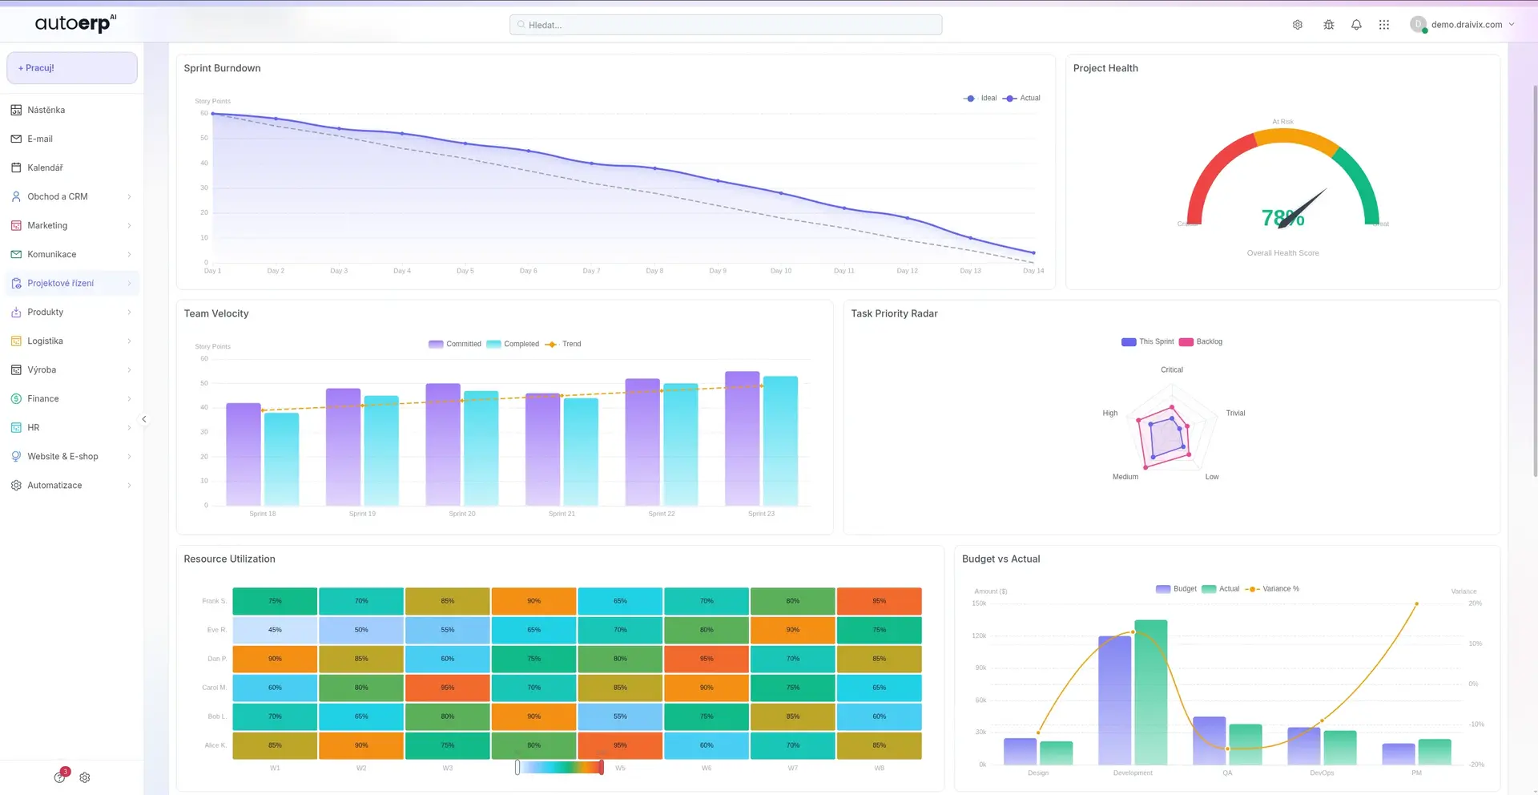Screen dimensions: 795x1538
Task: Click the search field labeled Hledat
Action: click(725, 25)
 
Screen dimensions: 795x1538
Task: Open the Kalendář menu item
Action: click(45, 167)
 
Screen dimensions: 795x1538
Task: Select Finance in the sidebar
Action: click(43, 398)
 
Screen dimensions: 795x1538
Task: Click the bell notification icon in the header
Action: click(1356, 25)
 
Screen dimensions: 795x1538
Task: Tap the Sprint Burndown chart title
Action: click(222, 68)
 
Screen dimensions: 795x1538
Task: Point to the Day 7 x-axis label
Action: click(591, 271)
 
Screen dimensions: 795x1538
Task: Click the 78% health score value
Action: click(1282, 218)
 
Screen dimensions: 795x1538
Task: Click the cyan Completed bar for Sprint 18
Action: click(281, 458)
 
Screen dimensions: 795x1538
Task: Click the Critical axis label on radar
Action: click(1171, 369)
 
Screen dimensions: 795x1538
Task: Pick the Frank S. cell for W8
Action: click(879, 601)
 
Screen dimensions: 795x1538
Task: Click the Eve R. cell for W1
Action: click(275, 630)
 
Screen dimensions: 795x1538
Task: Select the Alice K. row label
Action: click(215, 745)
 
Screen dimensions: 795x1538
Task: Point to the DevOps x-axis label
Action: click(1322, 773)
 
